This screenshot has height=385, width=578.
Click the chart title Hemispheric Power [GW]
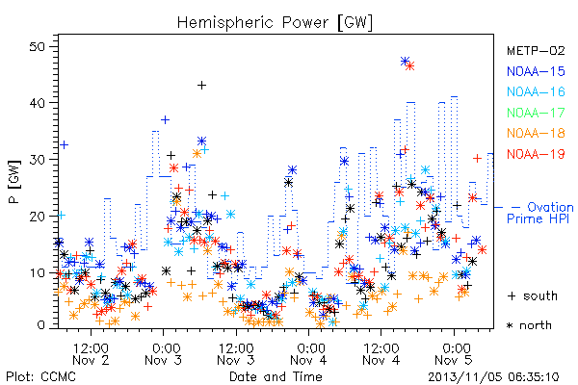(275, 23)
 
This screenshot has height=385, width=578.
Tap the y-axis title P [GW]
(14, 182)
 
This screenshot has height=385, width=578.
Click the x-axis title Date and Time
(276, 376)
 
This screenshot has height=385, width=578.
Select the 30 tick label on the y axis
(38, 160)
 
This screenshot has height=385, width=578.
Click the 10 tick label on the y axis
(38, 272)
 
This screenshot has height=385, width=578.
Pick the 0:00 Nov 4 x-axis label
(308, 354)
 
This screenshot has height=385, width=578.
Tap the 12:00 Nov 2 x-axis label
(91, 354)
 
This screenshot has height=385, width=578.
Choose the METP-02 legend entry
(536, 50)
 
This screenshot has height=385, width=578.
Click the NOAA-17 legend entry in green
(536, 113)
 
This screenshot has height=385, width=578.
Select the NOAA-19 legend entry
(536, 154)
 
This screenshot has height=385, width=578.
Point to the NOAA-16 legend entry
(536, 91)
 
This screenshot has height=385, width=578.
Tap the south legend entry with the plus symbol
(533, 295)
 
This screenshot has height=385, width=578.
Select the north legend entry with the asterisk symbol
(529, 325)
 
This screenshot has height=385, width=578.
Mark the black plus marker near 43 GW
(201, 86)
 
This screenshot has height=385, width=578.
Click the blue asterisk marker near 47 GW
(405, 62)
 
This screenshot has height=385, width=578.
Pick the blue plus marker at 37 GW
(165, 119)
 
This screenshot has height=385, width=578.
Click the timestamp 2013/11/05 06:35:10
(493, 377)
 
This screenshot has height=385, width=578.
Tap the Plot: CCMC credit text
(40, 377)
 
